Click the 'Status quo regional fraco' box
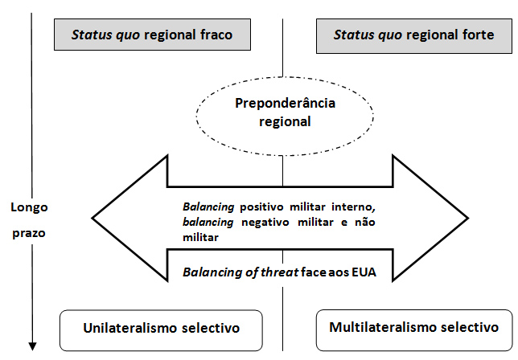[x=151, y=36]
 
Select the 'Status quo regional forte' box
[x=413, y=36]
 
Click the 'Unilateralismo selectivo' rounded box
[x=162, y=329]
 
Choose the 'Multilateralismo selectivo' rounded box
[x=413, y=328]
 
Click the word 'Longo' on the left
[x=29, y=207]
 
